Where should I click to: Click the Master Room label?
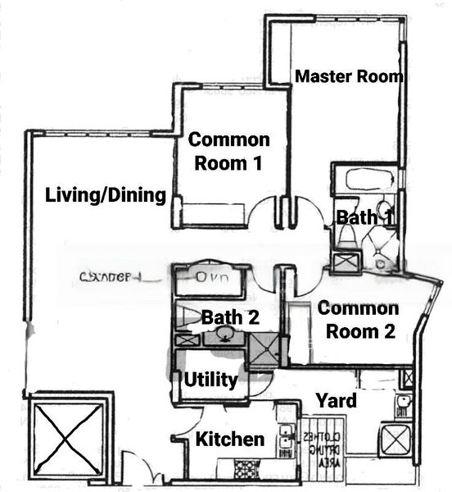tap(349, 77)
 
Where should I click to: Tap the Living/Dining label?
tap(106, 195)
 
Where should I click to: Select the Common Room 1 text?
tap(228, 151)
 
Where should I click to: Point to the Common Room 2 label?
tap(358, 320)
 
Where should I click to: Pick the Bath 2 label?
tap(229, 317)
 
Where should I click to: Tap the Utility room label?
tap(210, 380)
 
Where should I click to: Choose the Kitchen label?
tap(229, 440)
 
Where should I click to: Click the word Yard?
tap(337, 401)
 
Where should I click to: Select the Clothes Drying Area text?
tap(314, 449)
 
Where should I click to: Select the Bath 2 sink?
tap(224, 335)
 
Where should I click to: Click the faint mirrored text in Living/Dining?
tap(111, 277)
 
